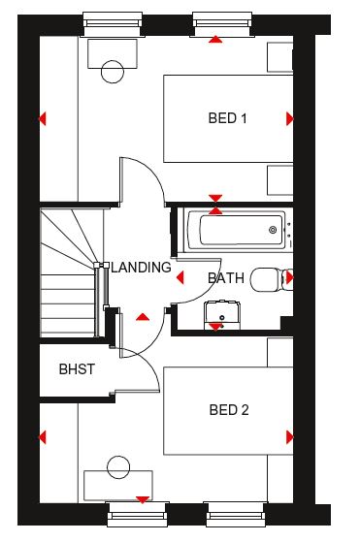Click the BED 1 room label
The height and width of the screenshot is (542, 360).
click(228, 118)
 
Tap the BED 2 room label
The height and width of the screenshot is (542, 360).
click(229, 410)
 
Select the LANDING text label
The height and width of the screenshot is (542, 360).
click(141, 268)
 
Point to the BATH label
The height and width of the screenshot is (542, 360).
click(226, 278)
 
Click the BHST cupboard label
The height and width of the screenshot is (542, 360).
click(77, 369)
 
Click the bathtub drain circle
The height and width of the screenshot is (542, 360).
click(273, 230)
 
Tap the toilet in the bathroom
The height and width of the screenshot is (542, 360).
click(272, 279)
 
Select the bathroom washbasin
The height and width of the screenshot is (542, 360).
click(221, 315)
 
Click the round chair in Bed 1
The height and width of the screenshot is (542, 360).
click(113, 72)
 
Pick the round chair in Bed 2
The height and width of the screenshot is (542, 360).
click(118, 467)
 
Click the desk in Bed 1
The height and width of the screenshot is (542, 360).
click(113, 53)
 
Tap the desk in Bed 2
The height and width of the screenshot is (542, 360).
click(118, 486)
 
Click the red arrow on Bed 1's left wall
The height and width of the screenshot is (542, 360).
click(42, 118)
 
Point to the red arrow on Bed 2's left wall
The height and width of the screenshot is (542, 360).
click(42, 437)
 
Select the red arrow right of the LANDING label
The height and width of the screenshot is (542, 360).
click(180, 277)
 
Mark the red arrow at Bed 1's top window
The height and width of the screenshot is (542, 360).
click(215, 40)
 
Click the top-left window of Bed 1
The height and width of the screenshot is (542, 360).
click(113, 24)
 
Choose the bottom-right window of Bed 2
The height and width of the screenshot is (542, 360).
click(236, 514)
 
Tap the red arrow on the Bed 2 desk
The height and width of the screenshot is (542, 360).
click(142, 500)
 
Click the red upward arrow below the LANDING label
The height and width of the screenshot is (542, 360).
click(143, 317)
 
